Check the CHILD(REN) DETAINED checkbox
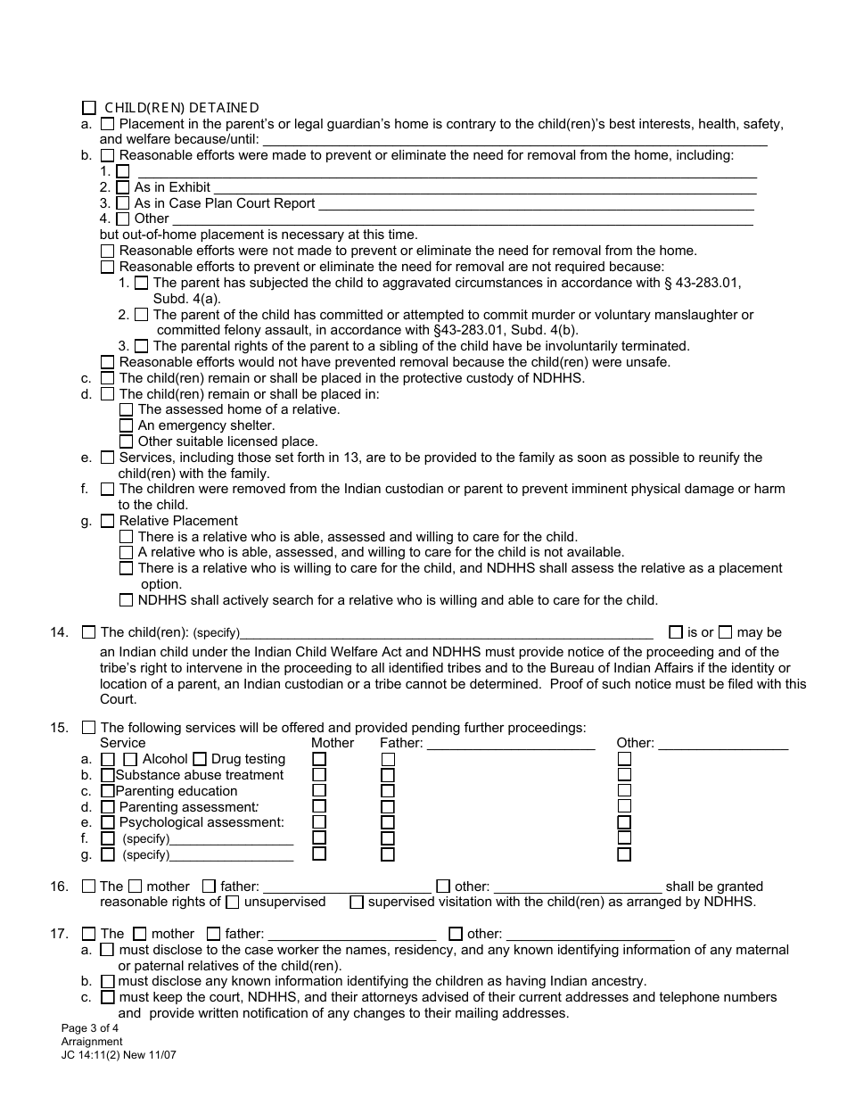(88, 108)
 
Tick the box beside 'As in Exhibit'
(123, 187)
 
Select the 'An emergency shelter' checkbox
(127, 425)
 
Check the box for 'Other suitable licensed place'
(127, 441)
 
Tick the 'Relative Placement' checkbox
(108, 521)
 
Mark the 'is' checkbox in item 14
(676, 632)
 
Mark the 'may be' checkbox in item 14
(725, 632)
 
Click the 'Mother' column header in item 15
(332, 743)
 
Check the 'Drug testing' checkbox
(200, 759)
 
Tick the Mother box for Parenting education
(319, 791)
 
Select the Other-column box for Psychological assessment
(624, 822)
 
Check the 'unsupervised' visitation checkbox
(233, 902)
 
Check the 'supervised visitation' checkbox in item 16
(357, 902)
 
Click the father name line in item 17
(351, 934)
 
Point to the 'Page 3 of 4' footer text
(89, 1028)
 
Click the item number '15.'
(60, 728)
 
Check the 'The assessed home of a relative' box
(127, 409)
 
